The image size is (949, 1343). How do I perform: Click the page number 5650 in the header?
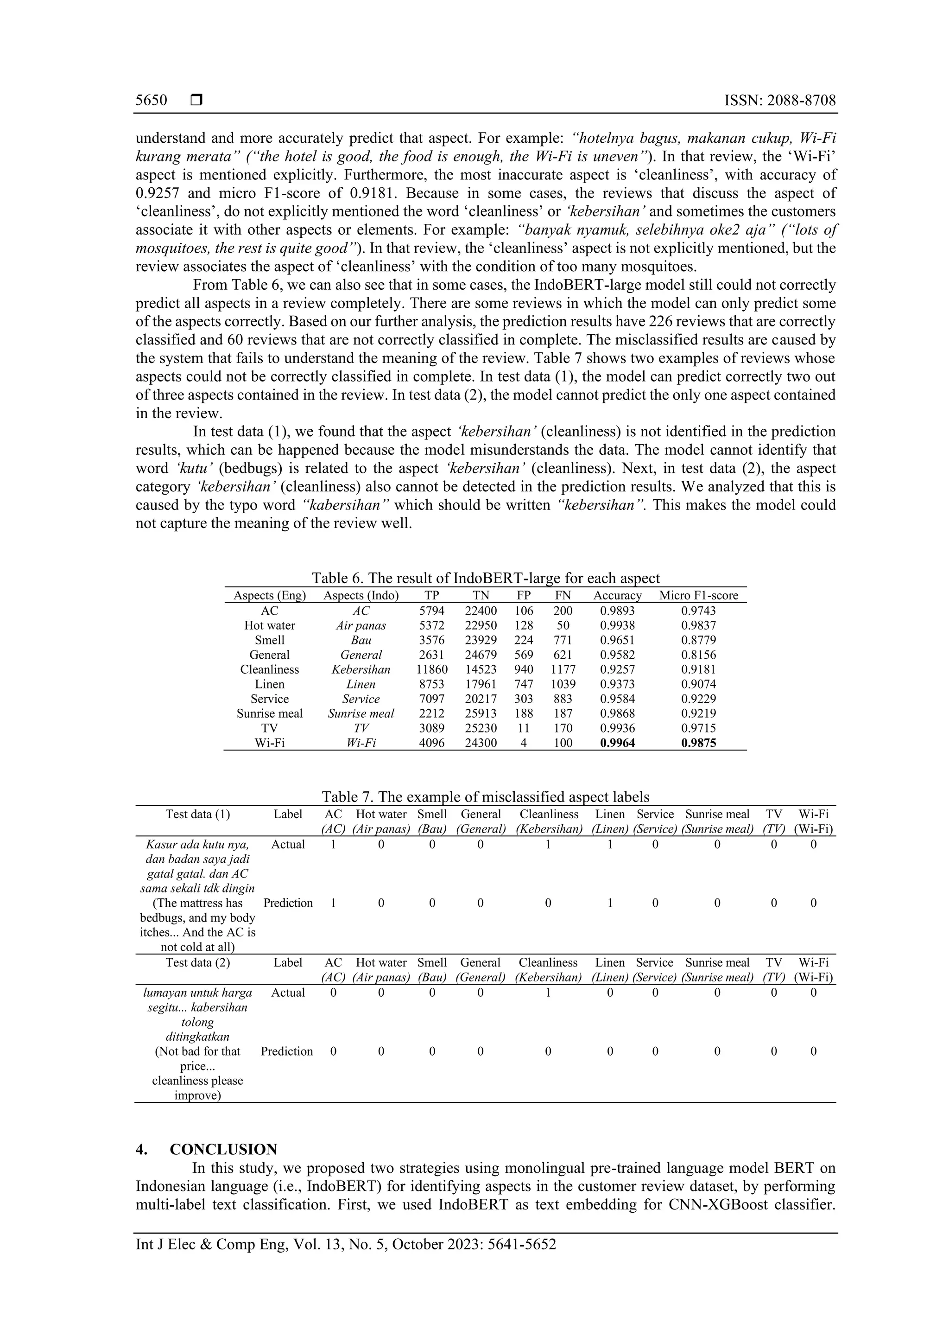click(x=151, y=101)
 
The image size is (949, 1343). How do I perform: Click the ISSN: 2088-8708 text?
click(x=779, y=101)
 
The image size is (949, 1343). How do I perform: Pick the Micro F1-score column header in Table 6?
click(x=698, y=595)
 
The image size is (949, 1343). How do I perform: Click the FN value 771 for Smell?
click(x=563, y=640)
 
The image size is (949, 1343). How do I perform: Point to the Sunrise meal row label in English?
click(x=270, y=713)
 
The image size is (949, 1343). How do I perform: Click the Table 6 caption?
click(x=485, y=579)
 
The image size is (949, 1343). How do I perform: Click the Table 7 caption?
click(x=485, y=797)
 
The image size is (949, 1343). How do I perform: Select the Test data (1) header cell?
click(x=198, y=814)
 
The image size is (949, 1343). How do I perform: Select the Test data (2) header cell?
click(x=198, y=963)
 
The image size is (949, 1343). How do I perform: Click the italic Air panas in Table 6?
click(x=361, y=625)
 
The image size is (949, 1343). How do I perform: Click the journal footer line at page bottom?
click(x=346, y=1245)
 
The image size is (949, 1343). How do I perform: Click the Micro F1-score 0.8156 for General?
click(x=698, y=655)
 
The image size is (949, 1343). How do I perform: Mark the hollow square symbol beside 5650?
click(x=196, y=101)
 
